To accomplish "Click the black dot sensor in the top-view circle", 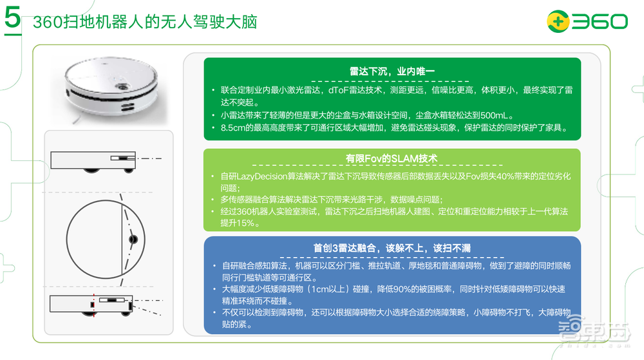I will pyautogui.click(x=133, y=240).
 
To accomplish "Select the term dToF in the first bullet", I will pyautogui.click(x=339, y=91).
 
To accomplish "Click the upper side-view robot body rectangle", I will pyautogui.click(x=90, y=160).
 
